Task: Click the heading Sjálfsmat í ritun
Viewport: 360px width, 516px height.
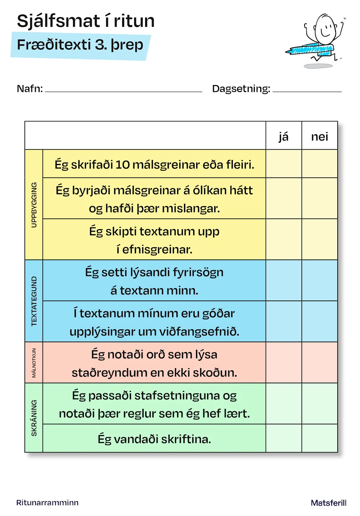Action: [86, 21]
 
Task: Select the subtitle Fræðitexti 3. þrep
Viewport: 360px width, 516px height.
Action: [80, 45]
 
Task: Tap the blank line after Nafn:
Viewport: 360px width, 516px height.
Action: [123, 90]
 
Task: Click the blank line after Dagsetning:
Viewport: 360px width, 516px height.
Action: [307, 90]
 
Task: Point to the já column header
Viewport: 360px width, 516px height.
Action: [284, 136]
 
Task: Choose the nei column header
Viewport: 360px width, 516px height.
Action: [320, 136]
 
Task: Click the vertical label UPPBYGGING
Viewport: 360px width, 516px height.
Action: [34, 205]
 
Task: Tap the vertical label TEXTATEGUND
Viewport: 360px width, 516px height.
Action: [34, 301]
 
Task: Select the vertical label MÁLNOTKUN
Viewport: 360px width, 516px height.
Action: [34, 362]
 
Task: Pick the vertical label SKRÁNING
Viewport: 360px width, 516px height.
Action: [34, 418]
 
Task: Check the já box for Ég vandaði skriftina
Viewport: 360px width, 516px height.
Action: [284, 438]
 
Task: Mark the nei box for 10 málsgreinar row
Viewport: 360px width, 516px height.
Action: [320, 164]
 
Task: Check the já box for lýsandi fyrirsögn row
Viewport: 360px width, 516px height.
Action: [284, 280]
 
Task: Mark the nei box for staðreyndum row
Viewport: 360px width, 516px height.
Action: [320, 362]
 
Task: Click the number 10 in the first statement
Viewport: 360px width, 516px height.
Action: [122, 165]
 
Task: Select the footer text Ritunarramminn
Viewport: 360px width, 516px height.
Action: [47, 503]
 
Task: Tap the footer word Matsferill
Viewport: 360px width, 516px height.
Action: [328, 503]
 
